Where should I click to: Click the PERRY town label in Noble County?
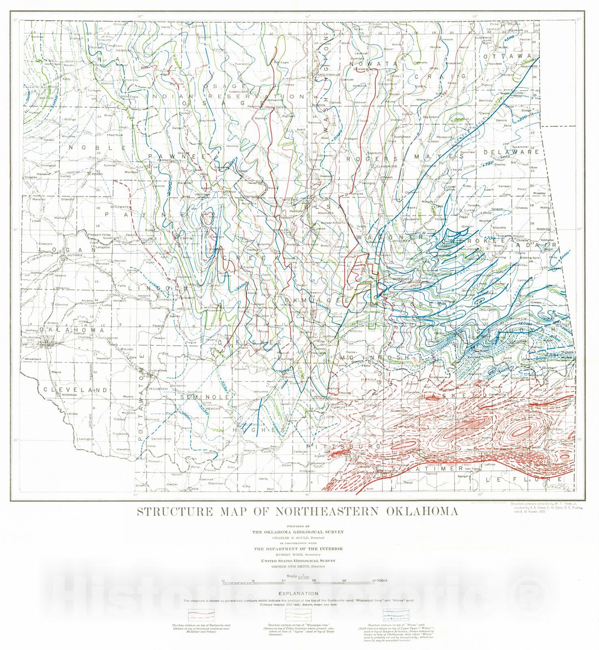click(x=98, y=174)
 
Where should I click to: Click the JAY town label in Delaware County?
click(x=506, y=143)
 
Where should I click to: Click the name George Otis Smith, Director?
click(x=298, y=566)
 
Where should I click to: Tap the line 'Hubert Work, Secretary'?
click(x=298, y=555)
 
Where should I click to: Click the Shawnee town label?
click(x=160, y=370)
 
